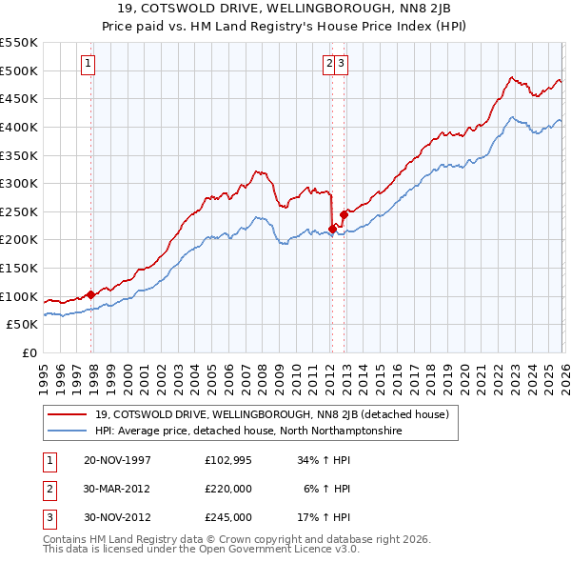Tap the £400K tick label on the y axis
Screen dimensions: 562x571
pyautogui.click(x=19, y=127)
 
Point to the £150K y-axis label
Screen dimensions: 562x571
pyautogui.click(x=19, y=268)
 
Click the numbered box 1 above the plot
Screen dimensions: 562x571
pyautogui.click(x=88, y=64)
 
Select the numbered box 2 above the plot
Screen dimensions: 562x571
pyautogui.click(x=329, y=64)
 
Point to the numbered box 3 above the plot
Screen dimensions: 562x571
pyautogui.click(x=341, y=64)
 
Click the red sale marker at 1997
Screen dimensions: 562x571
pyautogui.click(x=91, y=294)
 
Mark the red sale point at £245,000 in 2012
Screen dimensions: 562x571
pyautogui.click(x=344, y=215)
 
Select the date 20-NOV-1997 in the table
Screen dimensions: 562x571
pyautogui.click(x=117, y=459)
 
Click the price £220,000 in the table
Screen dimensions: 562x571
pyautogui.click(x=228, y=489)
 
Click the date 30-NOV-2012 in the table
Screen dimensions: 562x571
pyautogui.click(x=117, y=518)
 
